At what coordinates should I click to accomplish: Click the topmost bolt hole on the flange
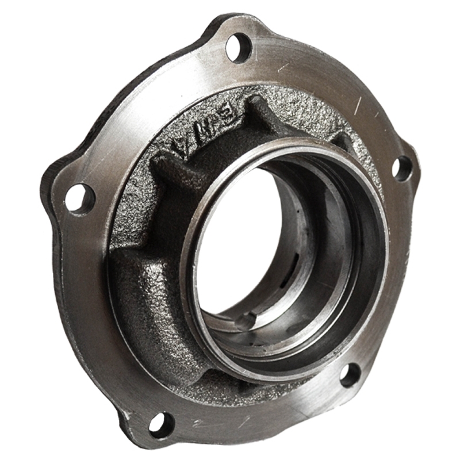point(238,47)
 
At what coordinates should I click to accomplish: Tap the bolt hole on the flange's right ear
point(402,168)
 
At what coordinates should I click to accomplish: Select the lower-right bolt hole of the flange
point(350,375)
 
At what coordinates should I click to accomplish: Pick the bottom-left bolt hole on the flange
point(161,424)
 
